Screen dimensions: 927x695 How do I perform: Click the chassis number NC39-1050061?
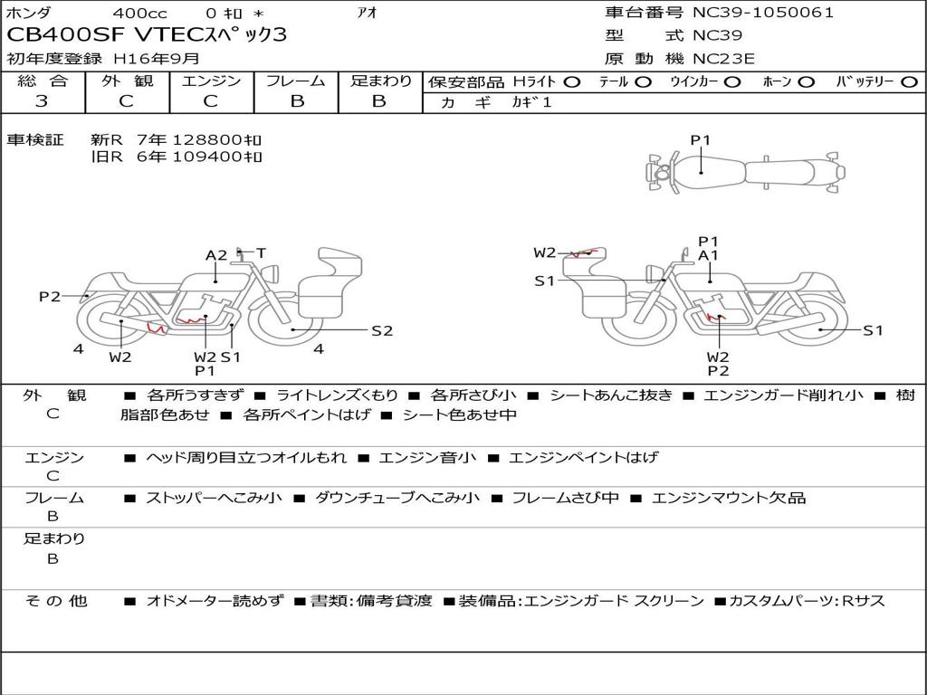coord(762,13)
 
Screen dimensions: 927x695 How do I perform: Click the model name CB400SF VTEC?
coord(105,35)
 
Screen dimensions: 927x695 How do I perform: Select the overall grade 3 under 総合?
coord(42,101)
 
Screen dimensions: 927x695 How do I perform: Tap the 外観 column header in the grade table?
coord(127,81)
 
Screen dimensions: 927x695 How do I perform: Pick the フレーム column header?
coord(296,81)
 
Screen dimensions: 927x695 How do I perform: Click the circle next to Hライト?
coord(572,82)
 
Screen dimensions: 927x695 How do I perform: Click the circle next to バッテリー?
coord(909,82)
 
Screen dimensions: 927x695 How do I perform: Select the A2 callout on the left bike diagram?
coord(216,255)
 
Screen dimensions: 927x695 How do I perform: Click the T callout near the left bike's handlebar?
coord(261,253)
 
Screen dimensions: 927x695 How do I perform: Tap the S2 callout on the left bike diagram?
coord(382,331)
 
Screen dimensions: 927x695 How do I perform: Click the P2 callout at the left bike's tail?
coord(50,296)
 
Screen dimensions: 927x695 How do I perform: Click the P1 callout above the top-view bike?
coord(701,140)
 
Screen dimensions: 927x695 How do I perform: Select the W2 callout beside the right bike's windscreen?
coord(544,253)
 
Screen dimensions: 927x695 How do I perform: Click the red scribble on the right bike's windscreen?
coord(584,253)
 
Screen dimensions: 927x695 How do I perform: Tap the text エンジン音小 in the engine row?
coord(427,457)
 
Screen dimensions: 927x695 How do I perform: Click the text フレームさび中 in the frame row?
coord(565,499)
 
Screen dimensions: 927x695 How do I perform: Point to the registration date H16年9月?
coord(157,59)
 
